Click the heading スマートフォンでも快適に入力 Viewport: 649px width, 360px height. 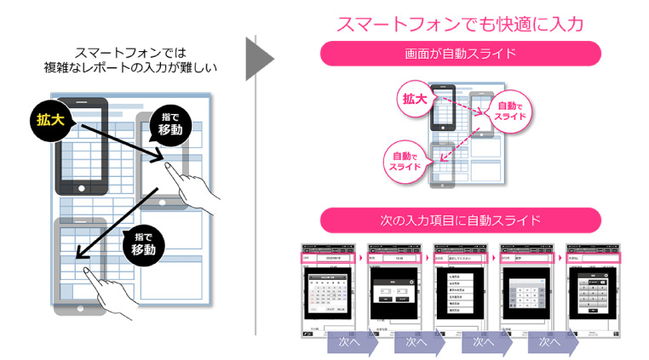click(460, 24)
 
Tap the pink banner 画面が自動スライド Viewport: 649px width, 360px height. click(460, 54)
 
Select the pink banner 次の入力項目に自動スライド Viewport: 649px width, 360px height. click(460, 220)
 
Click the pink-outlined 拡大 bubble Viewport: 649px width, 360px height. click(416, 99)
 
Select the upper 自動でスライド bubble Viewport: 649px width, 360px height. click(511, 109)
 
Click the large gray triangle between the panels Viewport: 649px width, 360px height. click(259, 60)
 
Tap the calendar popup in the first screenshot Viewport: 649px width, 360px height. click(328, 294)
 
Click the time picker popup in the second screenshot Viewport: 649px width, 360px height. click(394, 294)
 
